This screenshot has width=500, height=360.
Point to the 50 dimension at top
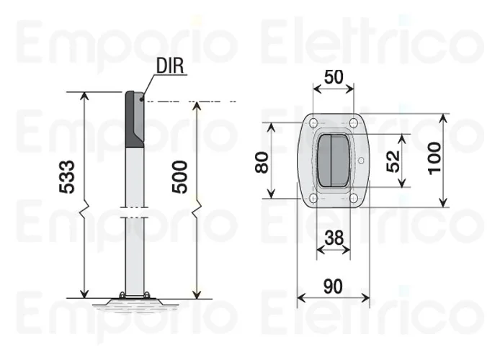(333, 78)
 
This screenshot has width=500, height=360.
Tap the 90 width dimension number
(333, 286)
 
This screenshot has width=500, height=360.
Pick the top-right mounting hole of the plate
(353, 122)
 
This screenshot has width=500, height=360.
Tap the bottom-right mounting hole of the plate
(353, 199)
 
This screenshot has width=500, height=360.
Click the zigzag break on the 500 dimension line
(197, 211)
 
